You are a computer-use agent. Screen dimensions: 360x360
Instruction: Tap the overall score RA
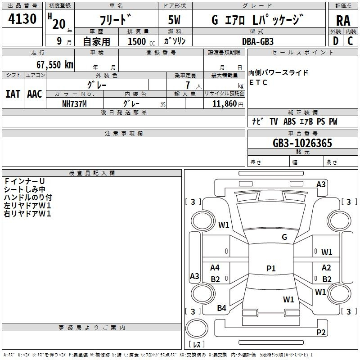coord(343,20)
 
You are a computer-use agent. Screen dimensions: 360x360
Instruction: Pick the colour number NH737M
coord(74,103)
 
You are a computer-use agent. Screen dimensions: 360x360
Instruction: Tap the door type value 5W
coord(175,20)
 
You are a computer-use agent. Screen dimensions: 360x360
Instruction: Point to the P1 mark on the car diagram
coord(271,269)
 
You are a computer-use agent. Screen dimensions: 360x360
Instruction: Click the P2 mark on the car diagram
coord(321,332)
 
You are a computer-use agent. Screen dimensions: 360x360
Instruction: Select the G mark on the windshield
coord(284,237)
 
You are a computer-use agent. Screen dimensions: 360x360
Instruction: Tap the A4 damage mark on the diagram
coord(215,268)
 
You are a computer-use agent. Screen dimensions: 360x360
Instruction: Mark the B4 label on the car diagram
coord(221,308)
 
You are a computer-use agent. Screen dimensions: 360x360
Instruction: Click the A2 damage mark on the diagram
coord(326,268)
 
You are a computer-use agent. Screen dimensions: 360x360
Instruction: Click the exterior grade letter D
coord(335,41)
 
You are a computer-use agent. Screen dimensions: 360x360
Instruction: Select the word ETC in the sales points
coord(258,82)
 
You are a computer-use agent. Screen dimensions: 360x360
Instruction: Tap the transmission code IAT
coord(13,94)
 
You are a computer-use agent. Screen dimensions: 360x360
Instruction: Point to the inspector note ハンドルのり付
coord(28,197)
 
